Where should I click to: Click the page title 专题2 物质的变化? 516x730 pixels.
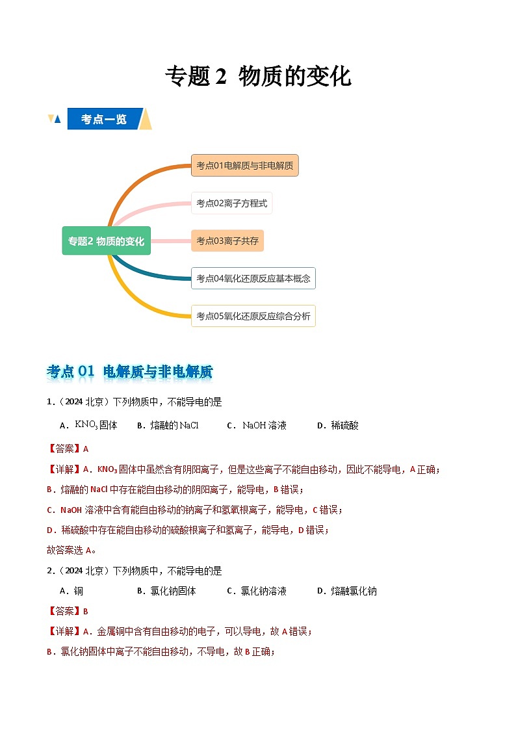(258, 77)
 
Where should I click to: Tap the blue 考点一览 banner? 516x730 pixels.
(104, 119)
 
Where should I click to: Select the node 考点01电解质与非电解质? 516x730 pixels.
(244, 166)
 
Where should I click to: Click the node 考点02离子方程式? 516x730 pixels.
(231, 203)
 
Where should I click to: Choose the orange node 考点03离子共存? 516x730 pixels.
(227, 241)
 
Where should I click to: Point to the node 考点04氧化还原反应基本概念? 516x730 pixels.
(253, 278)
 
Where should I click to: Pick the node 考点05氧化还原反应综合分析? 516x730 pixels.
(253, 316)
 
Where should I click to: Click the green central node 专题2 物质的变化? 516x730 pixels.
(107, 241)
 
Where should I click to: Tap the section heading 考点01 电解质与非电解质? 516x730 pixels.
(130, 372)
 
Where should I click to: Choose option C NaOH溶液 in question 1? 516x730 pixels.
(257, 425)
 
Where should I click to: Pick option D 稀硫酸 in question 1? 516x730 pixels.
(338, 425)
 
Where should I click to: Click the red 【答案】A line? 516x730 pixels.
(68, 449)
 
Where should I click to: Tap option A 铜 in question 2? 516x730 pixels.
(71, 591)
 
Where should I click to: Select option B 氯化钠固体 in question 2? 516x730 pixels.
(166, 591)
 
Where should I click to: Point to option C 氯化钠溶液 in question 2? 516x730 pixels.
(257, 591)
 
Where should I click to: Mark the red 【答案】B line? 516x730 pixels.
(68, 611)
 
